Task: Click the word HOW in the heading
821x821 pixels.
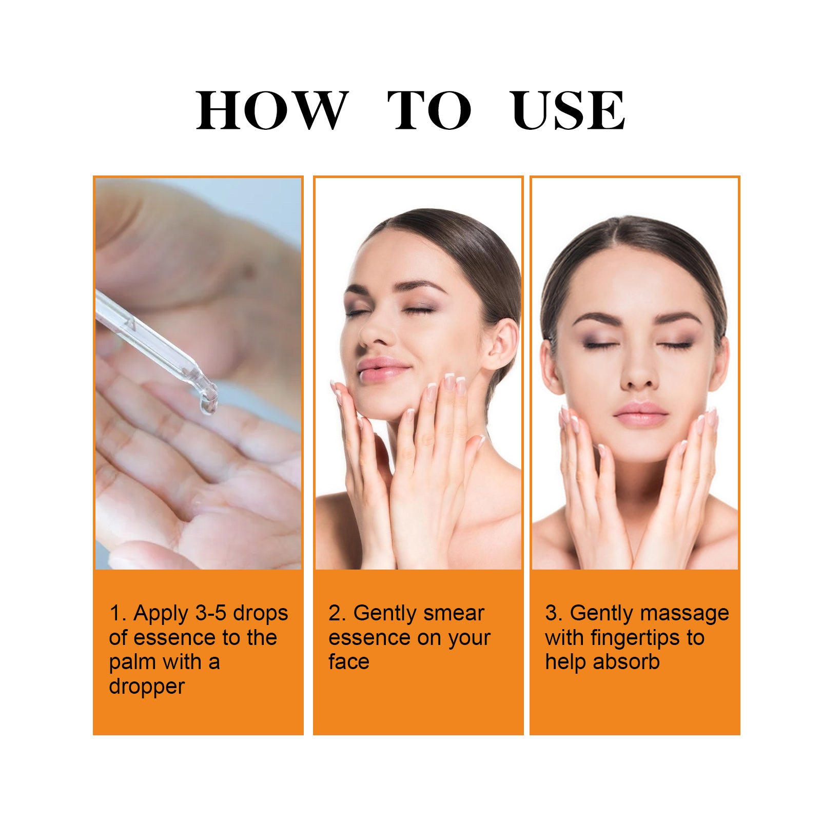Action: point(271,110)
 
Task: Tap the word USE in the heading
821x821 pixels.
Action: point(568,110)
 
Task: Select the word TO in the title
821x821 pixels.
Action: point(429,110)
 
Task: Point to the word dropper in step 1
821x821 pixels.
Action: point(146,687)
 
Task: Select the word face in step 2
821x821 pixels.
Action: point(348,662)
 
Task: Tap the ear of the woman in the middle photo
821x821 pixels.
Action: point(500,344)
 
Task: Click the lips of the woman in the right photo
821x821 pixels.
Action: point(641,414)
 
